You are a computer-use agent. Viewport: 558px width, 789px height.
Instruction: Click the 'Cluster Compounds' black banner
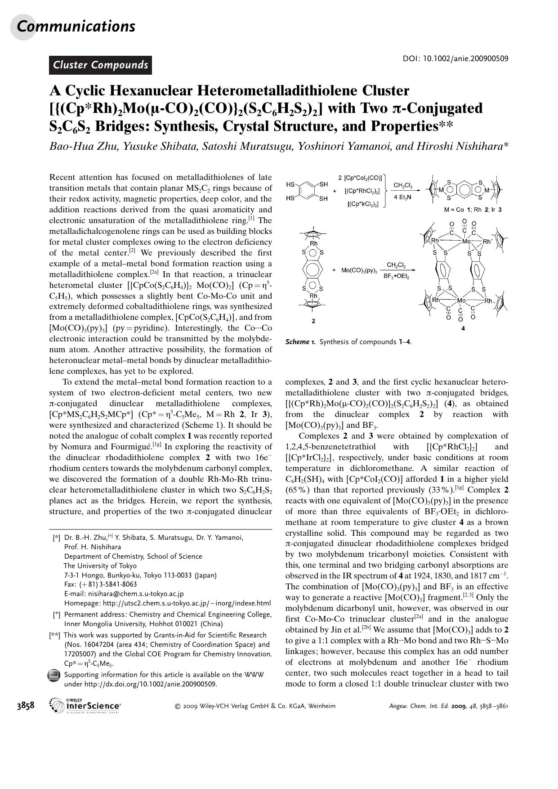tap(100, 65)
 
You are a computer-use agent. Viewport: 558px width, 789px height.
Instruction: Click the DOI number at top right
tap(465, 59)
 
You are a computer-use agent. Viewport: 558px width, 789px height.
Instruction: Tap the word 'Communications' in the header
tap(76, 26)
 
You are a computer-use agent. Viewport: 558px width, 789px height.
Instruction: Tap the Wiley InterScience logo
tap(86, 705)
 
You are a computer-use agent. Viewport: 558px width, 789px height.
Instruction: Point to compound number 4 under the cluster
tap(463, 328)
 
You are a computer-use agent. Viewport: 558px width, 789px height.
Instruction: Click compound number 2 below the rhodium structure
tap(313, 321)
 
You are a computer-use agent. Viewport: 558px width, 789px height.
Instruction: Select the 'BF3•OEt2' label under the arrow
tap(396, 277)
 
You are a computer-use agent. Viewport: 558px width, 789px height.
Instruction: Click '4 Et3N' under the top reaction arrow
tap(403, 197)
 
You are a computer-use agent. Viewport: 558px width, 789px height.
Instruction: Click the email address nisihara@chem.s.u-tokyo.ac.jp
tap(135, 594)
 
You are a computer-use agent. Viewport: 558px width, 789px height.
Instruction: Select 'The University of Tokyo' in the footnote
tap(100, 565)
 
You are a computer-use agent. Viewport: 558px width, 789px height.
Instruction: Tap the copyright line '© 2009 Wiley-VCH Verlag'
tap(254, 706)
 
